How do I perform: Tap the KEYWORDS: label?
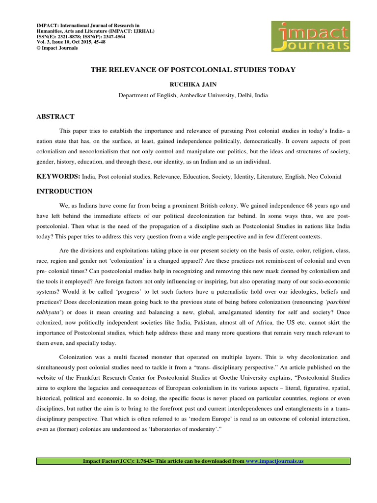pos(56,176)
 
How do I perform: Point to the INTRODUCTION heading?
pos(64,191)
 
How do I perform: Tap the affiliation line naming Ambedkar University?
pos(193,95)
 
